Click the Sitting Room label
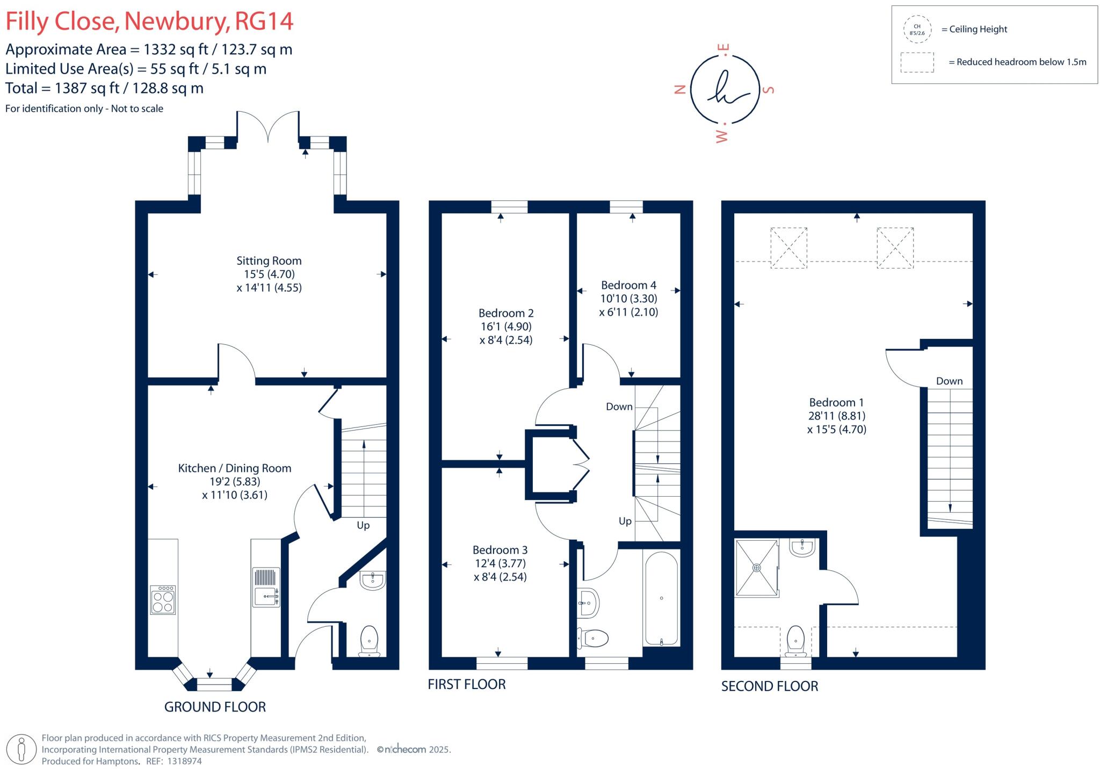coord(269,261)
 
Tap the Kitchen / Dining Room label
coord(235,468)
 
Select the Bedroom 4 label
coord(628,285)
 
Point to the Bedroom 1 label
coord(836,402)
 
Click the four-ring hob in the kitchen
coord(163,599)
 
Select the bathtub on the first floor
coord(661,598)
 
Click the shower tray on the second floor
coord(757,568)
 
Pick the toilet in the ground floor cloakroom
coord(370,640)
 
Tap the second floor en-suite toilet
coord(795,641)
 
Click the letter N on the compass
coord(680,90)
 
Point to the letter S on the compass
coord(769,90)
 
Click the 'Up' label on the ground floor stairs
coord(363,525)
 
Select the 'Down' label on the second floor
coord(949,381)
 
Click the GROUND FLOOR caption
coord(215,707)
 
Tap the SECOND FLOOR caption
coord(769,686)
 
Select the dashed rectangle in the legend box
coord(917,62)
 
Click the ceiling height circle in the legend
coord(917,30)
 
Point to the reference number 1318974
coord(185,761)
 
